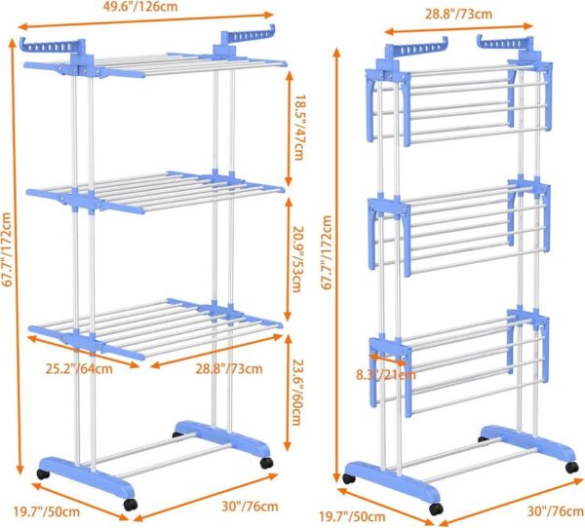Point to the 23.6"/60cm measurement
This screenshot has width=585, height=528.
pyautogui.click(x=299, y=388)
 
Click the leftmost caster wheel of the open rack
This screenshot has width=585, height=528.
pyautogui.click(x=41, y=474)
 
